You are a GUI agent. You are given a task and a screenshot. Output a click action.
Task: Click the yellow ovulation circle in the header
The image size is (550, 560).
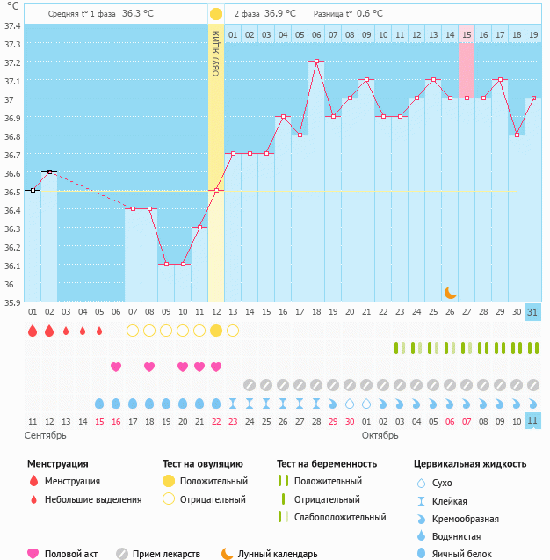[216, 14]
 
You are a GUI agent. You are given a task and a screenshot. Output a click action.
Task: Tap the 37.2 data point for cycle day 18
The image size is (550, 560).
[316, 62]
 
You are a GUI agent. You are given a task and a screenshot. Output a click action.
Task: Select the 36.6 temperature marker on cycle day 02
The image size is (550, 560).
[49, 171]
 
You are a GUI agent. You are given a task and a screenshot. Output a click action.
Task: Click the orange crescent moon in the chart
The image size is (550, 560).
[450, 292]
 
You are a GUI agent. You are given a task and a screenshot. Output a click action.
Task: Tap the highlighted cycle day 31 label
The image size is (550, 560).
[533, 312]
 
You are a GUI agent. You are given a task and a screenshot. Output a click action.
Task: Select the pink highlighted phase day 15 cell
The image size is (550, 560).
[467, 34]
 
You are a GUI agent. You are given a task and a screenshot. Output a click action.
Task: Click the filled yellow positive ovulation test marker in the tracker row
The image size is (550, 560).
[216, 331]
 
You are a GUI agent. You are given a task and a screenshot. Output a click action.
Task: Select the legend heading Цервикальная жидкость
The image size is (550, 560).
[470, 463]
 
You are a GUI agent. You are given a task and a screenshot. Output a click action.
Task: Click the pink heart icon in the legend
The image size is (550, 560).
[33, 554]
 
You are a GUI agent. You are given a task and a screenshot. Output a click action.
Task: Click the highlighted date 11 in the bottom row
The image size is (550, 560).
[533, 421]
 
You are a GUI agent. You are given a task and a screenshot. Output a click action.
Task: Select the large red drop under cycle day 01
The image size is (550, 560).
[33, 331]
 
